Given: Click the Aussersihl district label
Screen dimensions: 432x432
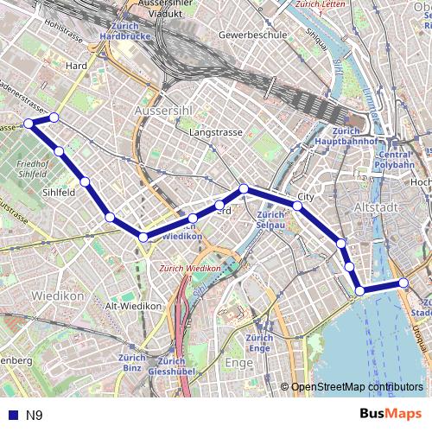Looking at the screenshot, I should tap(165, 112).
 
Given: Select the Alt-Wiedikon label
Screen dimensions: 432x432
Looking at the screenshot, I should tap(133, 306).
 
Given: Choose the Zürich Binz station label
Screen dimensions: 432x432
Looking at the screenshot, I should tap(131, 362).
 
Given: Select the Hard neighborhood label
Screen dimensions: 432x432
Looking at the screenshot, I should tap(77, 65).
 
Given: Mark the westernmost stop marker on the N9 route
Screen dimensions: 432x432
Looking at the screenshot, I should tap(29, 124).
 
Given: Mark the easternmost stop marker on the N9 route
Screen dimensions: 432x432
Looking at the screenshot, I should tap(403, 283).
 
